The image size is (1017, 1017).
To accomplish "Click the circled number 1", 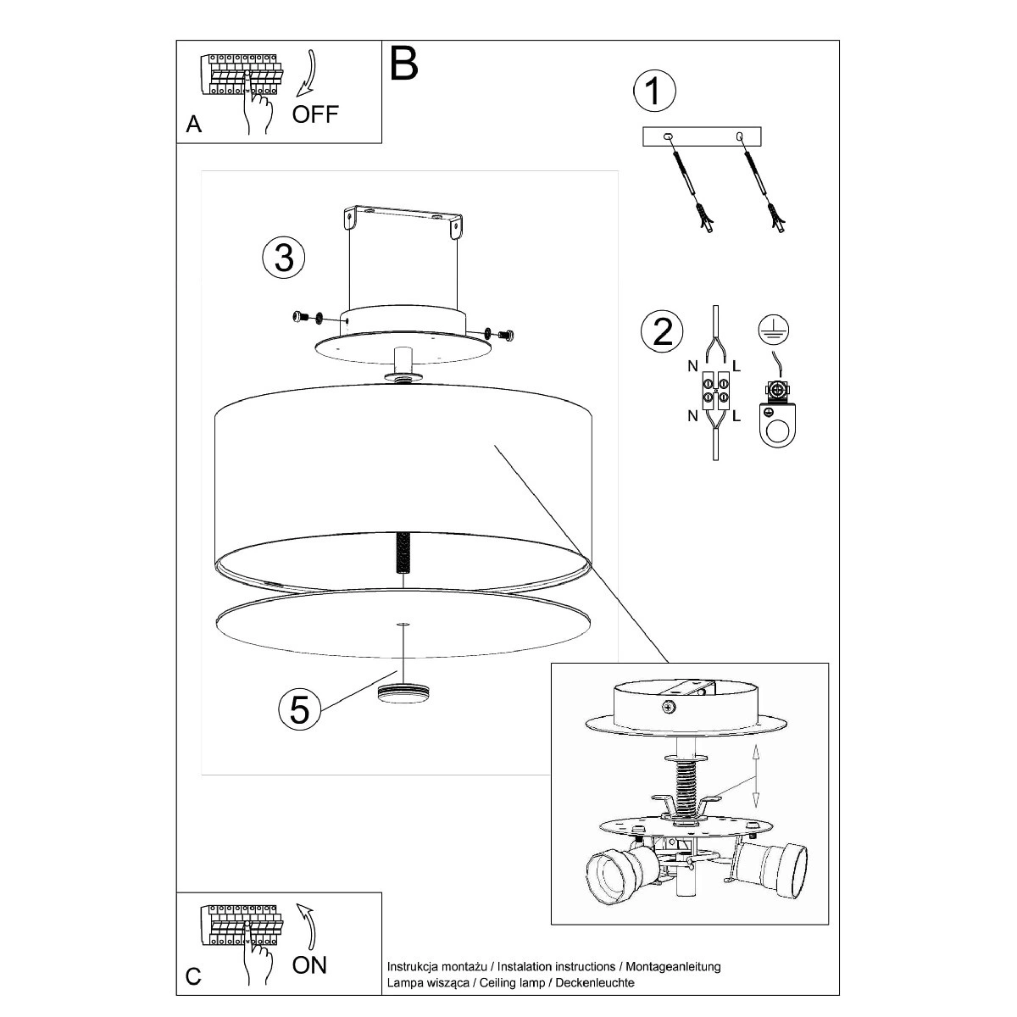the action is (x=654, y=91).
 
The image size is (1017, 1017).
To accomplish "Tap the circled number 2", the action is (x=663, y=331).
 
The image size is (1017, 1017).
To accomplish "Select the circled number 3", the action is (x=284, y=258).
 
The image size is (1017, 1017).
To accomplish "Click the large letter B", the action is (x=403, y=64).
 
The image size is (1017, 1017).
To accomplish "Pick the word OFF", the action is (x=315, y=114).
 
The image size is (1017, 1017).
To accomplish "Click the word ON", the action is (x=309, y=965).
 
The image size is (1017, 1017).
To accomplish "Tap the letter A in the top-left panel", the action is (x=194, y=125).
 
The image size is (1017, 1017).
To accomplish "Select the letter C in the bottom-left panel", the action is (x=193, y=976).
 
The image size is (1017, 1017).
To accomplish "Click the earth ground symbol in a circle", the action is (x=773, y=330).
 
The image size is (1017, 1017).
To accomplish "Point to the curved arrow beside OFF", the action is (x=306, y=73).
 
